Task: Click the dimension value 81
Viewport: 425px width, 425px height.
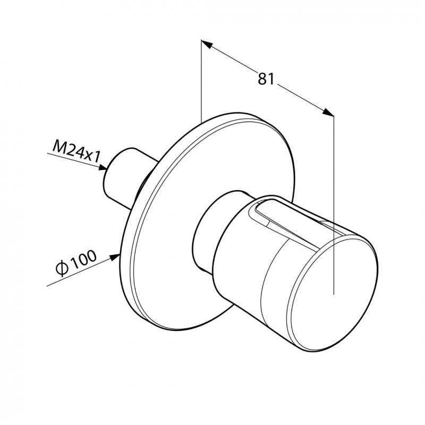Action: click(x=266, y=79)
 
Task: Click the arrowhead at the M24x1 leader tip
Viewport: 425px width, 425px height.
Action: click(x=103, y=167)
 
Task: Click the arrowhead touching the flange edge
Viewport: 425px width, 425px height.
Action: click(x=115, y=257)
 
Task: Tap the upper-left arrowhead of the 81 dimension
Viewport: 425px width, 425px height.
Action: click(x=206, y=44)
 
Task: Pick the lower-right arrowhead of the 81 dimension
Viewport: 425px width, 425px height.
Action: click(x=328, y=112)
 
